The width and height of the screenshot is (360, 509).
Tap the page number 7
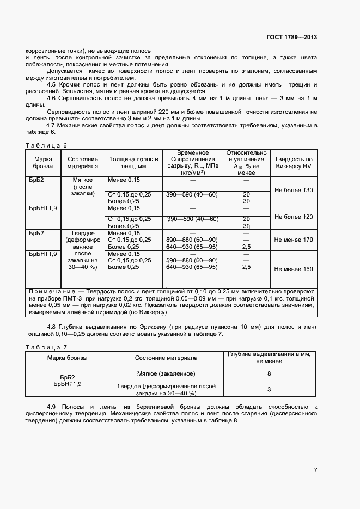315,470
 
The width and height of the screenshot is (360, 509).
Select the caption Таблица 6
46,145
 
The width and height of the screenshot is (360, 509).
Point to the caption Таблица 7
46,346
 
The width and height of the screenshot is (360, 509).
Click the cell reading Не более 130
294,190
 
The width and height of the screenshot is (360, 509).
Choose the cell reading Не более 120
294,217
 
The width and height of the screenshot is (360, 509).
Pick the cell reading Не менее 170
294,240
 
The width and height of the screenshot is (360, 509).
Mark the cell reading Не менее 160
294,269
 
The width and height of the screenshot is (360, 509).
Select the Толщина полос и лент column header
133,162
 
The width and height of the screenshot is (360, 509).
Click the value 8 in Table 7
269,373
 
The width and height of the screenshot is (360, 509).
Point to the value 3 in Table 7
269,390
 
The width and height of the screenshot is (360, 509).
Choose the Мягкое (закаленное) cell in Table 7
166,373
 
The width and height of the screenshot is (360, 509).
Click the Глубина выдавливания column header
269,357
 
